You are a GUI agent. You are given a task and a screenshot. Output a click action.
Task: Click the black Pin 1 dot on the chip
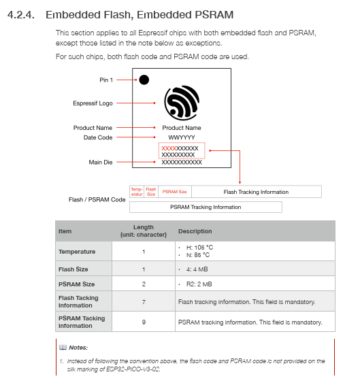[x=144, y=80]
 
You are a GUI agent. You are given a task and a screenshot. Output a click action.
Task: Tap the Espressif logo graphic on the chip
[x=182, y=103]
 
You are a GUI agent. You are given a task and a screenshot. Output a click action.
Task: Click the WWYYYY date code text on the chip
[x=182, y=137]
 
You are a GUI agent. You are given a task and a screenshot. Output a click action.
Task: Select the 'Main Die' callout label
[x=101, y=163]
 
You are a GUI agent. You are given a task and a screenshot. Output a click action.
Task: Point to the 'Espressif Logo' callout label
[x=93, y=103]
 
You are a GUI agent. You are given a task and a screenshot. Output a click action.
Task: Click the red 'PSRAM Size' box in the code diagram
[x=175, y=192]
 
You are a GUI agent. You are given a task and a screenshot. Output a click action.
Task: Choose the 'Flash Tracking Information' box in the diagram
[x=257, y=192]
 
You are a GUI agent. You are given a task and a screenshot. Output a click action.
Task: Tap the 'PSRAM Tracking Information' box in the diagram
[x=206, y=207]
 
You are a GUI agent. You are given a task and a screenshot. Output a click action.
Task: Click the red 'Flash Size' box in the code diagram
[x=151, y=192]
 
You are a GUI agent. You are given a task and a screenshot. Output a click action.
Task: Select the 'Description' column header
[x=195, y=231]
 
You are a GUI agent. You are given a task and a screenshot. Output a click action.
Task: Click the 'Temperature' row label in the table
[x=77, y=252]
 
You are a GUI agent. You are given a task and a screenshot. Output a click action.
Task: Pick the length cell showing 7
[x=144, y=302]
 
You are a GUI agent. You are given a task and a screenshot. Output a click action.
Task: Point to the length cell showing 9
[x=144, y=322]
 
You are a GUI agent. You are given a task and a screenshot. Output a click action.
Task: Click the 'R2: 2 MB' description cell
[x=199, y=284]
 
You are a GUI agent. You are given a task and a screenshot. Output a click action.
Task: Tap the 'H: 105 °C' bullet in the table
[x=199, y=247]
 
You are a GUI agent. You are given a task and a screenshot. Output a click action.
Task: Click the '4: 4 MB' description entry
[x=197, y=269]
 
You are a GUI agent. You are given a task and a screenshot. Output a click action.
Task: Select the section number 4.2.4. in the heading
[x=20, y=15]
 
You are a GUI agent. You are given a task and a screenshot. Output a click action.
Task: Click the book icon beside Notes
[x=63, y=347]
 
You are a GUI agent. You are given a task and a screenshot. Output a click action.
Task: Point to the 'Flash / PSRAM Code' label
[x=97, y=199]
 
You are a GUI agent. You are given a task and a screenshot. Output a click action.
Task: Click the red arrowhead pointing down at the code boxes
[x=240, y=183]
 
